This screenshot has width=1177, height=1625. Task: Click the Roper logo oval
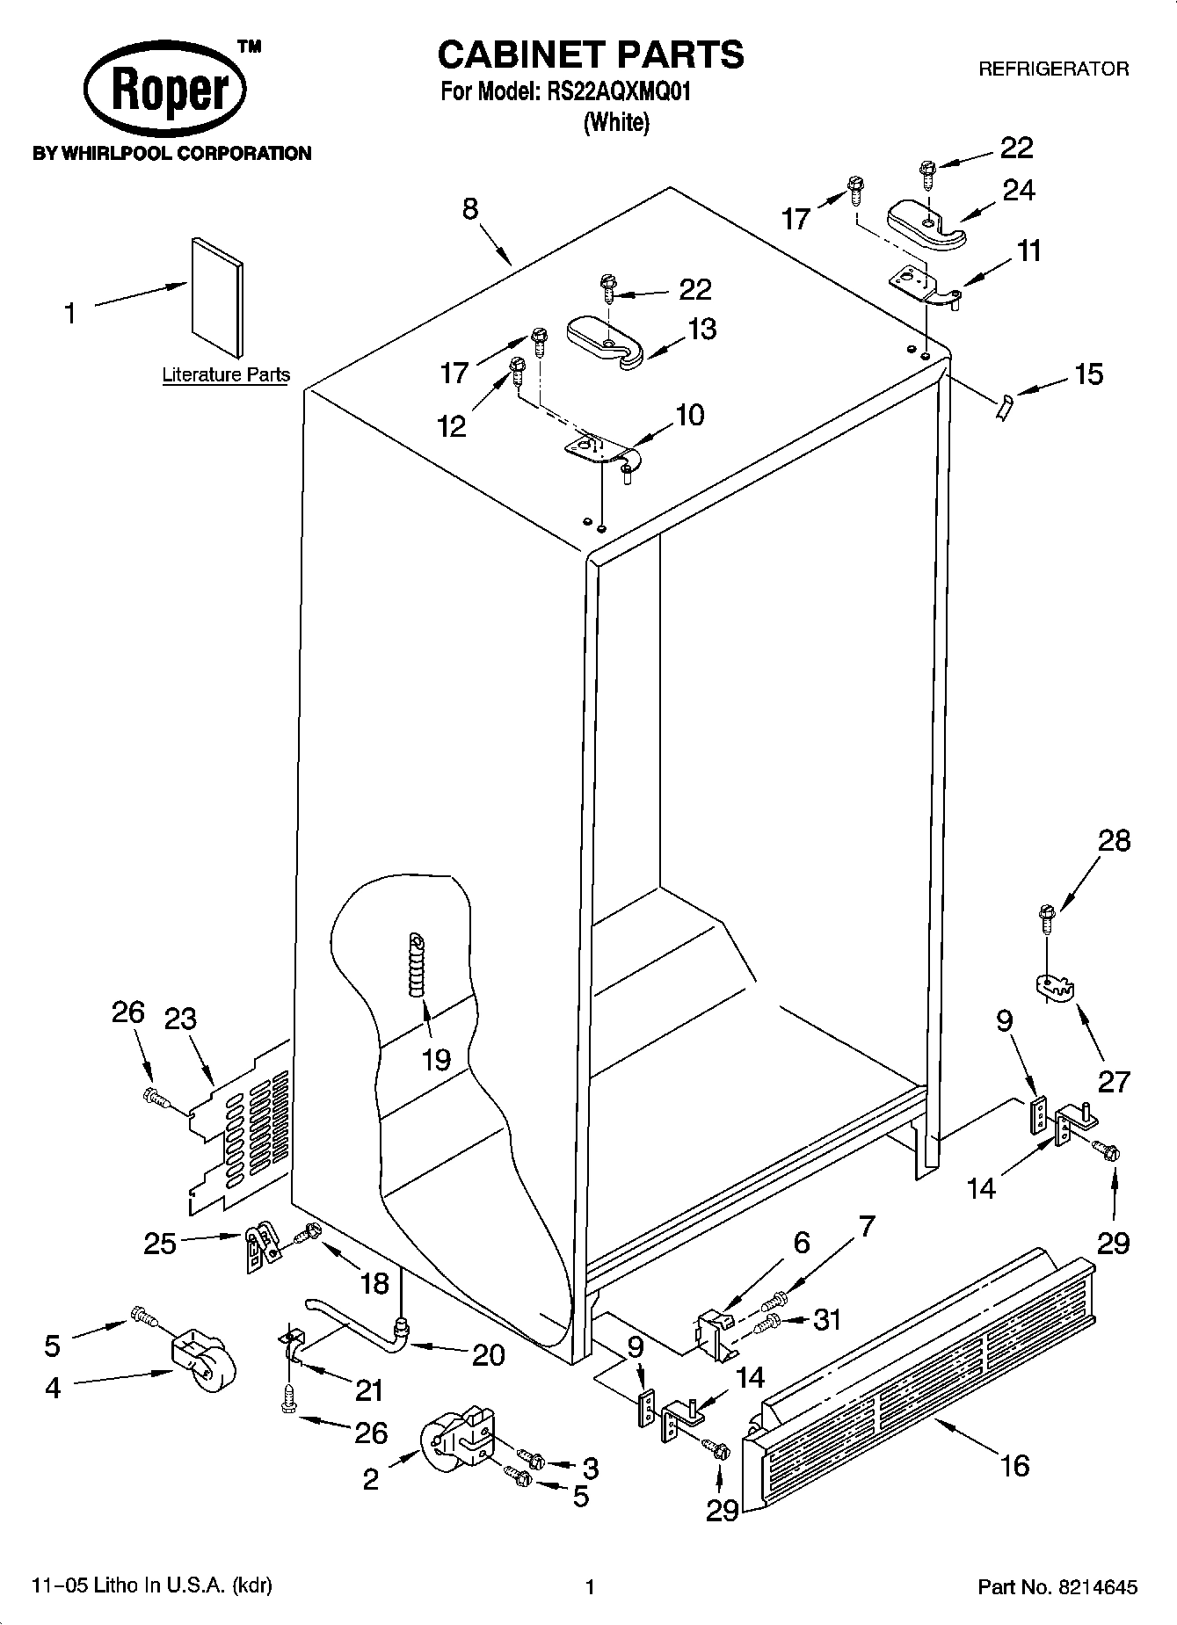tap(164, 91)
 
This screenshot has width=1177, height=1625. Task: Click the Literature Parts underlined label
tap(226, 375)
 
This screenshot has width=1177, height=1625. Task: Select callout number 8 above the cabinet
tap(470, 209)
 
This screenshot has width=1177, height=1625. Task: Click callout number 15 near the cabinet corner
tap(1088, 374)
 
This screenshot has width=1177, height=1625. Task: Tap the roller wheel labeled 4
tap(203, 1367)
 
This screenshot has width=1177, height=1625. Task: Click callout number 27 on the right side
tap(1113, 1081)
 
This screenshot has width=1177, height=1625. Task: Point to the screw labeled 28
tap(1046, 919)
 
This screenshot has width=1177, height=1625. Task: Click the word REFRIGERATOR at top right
tap(1053, 69)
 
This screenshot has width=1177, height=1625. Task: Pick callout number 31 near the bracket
tap(827, 1319)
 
